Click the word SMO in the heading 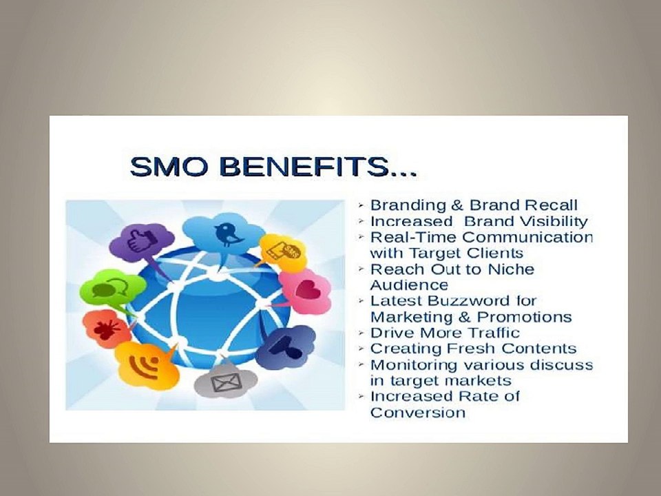click(x=169, y=166)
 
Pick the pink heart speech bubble click(x=305, y=291)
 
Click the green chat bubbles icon click(x=112, y=289)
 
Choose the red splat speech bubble click(x=107, y=329)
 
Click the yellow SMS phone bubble click(x=282, y=252)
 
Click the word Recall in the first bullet click(x=551, y=205)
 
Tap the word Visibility click(x=553, y=222)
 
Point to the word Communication click(x=527, y=237)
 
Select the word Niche click(x=511, y=269)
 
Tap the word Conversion click(x=417, y=412)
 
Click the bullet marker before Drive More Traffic click(x=361, y=333)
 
